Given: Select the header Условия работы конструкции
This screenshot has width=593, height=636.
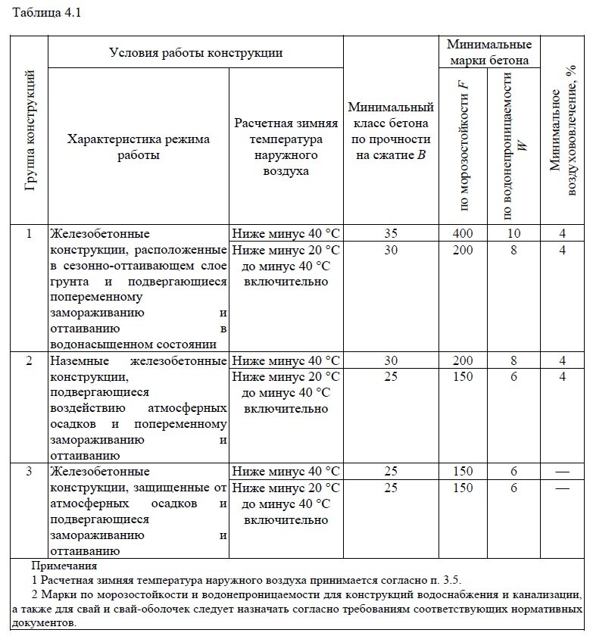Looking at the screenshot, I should point(195,53).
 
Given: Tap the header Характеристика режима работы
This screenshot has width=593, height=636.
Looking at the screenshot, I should point(139,147).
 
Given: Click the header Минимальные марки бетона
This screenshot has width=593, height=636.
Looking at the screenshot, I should point(488,52).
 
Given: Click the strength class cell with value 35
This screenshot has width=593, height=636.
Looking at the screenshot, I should point(391,232).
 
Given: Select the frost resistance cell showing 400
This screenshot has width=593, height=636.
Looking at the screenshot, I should point(463,232).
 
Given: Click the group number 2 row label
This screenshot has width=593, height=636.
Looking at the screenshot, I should point(30,360).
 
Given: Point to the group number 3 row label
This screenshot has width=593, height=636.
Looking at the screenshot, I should point(30,472).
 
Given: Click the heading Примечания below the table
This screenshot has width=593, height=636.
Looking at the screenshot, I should point(64,566).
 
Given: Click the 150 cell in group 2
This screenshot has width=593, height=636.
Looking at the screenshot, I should point(463,376).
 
